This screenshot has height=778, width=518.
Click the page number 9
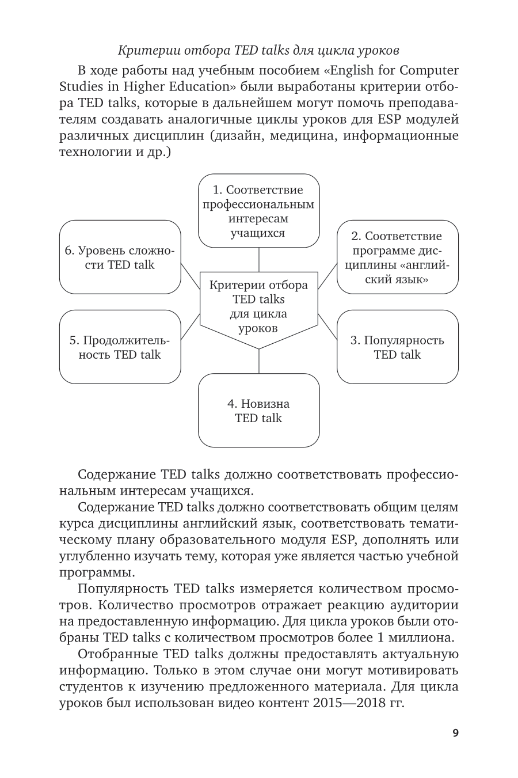point(455,733)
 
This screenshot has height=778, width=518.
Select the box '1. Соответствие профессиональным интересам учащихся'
point(258,211)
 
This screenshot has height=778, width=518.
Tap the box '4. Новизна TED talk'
point(258,411)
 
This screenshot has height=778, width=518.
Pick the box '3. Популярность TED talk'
point(397,347)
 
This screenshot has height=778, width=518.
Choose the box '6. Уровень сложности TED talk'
point(120,257)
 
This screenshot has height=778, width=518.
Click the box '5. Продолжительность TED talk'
point(120,347)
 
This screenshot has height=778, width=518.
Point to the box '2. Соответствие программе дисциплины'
point(397,257)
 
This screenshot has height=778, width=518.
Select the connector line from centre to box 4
point(258,361)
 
